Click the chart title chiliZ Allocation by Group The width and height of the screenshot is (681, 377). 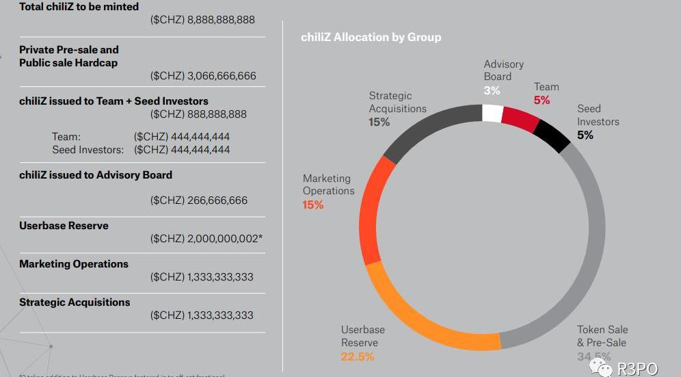(x=371, y=37)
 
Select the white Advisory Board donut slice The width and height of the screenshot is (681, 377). (x=492, y=113)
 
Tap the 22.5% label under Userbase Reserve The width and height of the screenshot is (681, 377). (x=358, y=356)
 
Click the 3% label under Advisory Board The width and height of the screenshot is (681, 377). (x=492, y=90)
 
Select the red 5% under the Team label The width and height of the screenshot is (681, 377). (x=542, y=100)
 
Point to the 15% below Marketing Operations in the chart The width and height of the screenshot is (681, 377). (x=313, y=205)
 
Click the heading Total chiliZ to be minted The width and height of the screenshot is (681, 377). (x=79, y=7)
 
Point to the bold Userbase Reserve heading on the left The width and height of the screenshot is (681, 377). (x=64, y=226)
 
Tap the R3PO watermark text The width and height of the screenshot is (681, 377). (x=637, y=369)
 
